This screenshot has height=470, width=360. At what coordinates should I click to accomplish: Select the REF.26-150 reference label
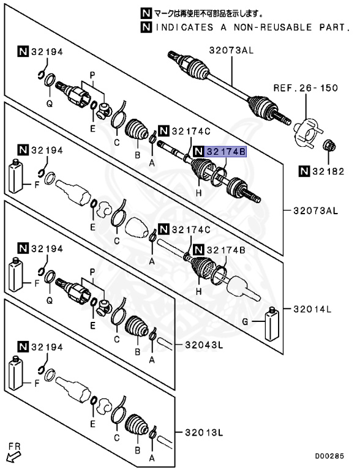pos(313,88)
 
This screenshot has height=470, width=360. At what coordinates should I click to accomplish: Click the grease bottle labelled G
pos(272,324)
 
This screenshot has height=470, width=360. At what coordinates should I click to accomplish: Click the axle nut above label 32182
pos(329,147)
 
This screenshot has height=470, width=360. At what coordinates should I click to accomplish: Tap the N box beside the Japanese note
pos(145,12)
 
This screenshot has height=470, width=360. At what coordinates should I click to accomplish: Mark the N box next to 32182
pos(304,172)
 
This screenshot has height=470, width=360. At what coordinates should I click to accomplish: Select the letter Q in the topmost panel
pos(50,103)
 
